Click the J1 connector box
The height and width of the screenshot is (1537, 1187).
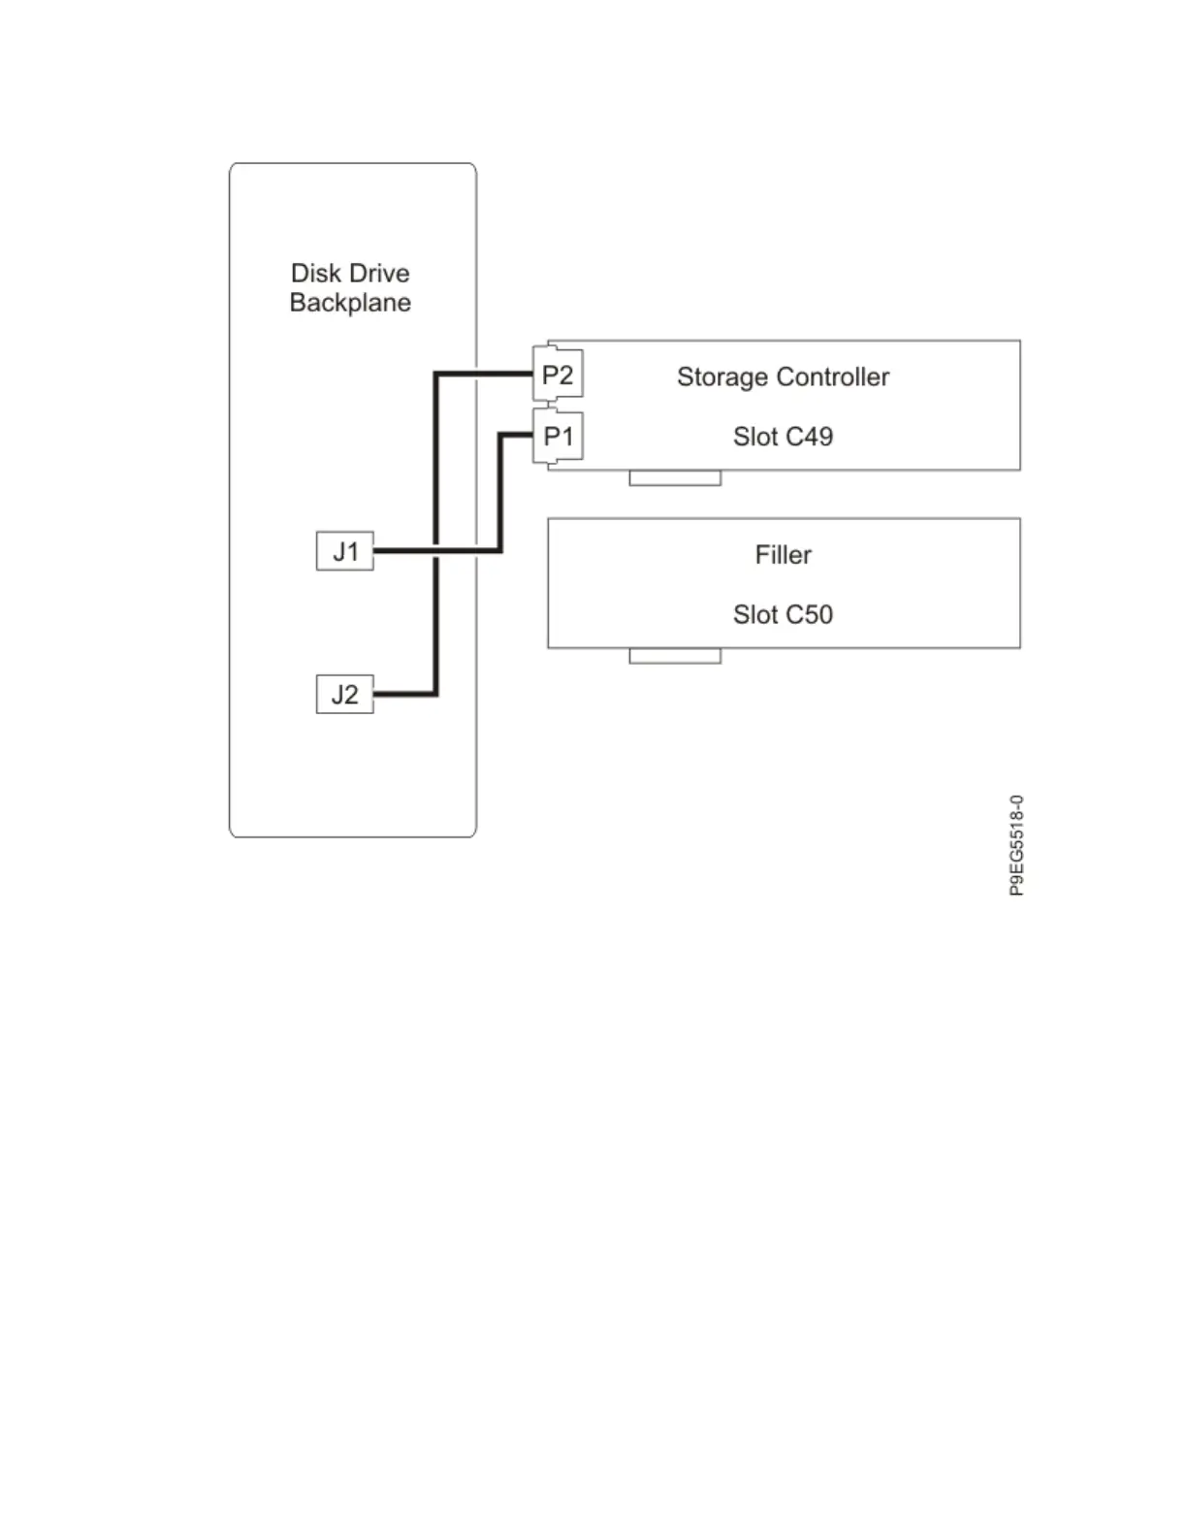[x=345, y=551]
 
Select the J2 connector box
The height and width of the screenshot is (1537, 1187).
[x=345, y=695]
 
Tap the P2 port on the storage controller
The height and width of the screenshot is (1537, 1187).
[x=558, y=375]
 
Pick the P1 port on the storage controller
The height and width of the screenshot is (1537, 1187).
[x=559, y=437]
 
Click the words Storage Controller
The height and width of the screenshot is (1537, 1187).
[x=783, y=376]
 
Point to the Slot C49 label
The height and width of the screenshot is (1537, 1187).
[x=783, y=437]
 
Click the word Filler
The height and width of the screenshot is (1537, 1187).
[x=783, y=555]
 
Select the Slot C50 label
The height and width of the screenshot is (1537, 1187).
[x=783, y=614]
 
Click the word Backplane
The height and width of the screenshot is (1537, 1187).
[x=350, y=303]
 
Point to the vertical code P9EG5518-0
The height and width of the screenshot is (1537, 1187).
[x=1016, y=845]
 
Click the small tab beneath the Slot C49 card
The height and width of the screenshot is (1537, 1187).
[x=675, y=477]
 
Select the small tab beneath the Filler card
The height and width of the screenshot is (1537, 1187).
[x=675, y=656]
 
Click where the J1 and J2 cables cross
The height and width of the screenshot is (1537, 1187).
[x=436, y=551]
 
